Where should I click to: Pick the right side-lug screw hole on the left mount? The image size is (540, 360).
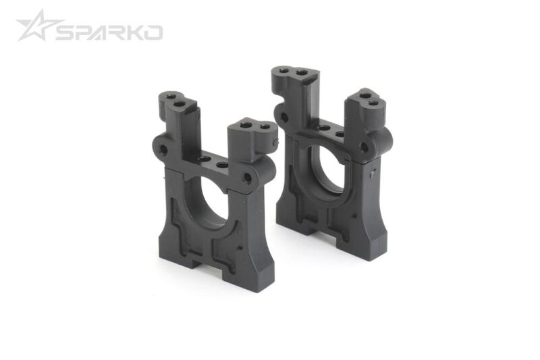click(x=248, y=178)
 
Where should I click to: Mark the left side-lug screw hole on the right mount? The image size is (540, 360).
click(x=284, y=118)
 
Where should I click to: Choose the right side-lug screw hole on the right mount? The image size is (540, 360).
click(x=364, y=147)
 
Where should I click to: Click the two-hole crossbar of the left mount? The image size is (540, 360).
click(x=213, y=162)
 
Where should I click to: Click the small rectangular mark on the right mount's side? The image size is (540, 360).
click(x=373, y=174)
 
